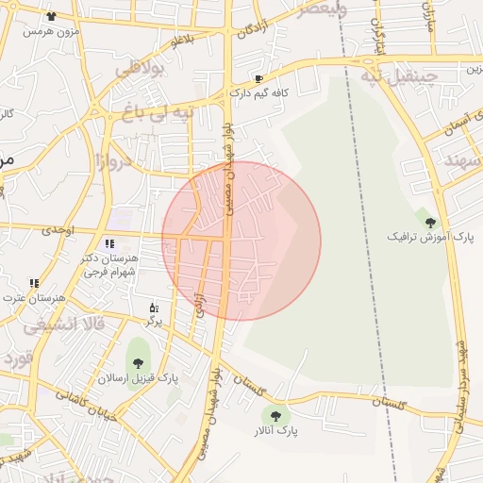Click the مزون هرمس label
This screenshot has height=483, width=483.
(x=48, y=31)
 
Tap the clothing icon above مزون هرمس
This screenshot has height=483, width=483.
(x=50, y=16)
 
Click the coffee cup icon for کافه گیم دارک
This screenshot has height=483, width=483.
(x=258, y=79)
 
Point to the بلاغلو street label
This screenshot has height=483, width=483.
(x=179, y=40)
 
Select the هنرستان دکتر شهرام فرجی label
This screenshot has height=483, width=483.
(x=110, y=265)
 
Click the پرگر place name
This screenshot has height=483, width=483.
(x=154, y=322)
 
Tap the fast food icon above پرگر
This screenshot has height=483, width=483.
(x=154, y=308)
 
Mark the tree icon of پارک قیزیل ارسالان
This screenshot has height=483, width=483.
(x=139, y=362)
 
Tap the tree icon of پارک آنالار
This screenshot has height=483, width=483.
(x=276, y=415)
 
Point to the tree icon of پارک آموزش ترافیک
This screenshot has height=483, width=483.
(x=431, y=223)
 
